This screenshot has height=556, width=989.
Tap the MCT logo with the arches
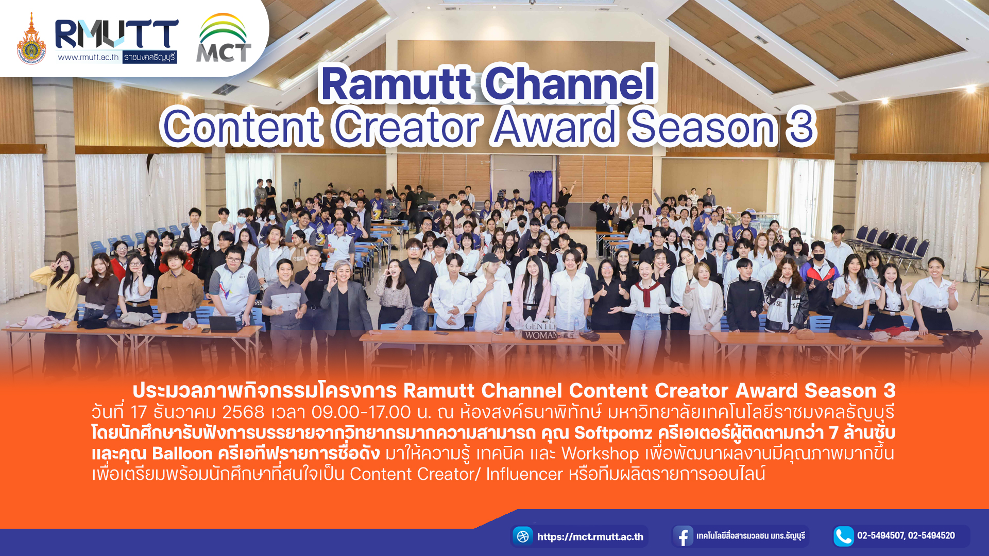click(224, 38)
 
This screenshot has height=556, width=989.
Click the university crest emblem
click(31, 39)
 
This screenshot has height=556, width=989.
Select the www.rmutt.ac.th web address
click(88, 57)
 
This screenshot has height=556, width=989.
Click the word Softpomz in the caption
click(613, 432)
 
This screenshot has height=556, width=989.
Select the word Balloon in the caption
click(182, 454)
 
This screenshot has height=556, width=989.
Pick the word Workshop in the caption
click(600, 454)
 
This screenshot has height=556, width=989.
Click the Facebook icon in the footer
click(683, 536)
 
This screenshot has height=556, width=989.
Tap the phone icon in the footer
click(844, 536)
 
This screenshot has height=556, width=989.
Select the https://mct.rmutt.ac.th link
click(590, 537)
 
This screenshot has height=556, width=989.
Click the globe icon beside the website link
click(523, 536)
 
